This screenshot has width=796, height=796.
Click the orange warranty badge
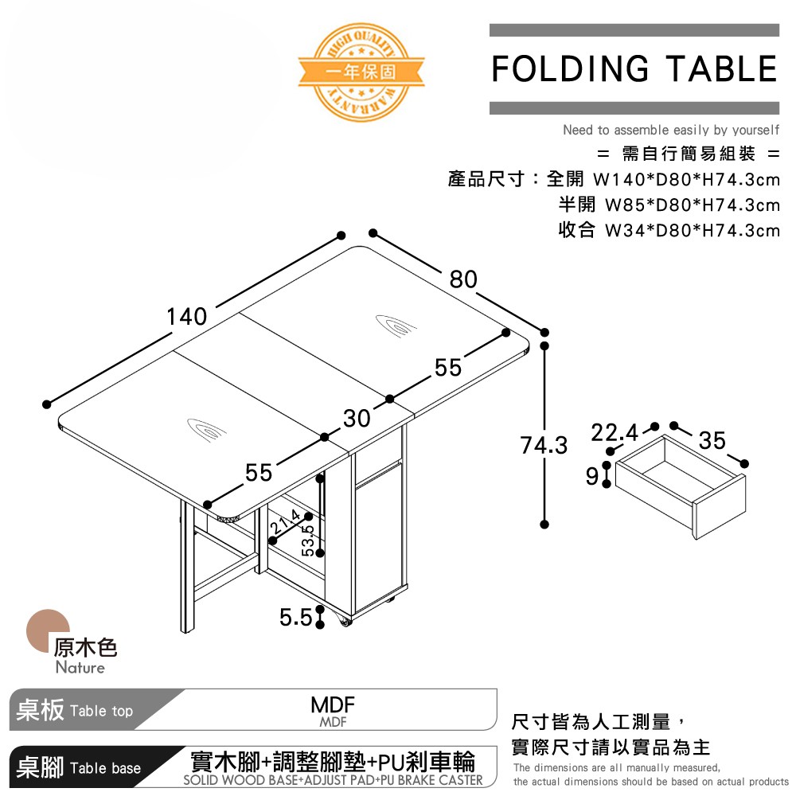(361, 71)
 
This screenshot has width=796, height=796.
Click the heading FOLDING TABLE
(634, 69)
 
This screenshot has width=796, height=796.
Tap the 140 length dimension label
(187, 317)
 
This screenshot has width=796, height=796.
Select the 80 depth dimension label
(463, 279)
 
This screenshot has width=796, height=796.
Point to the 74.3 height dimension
(544, 446)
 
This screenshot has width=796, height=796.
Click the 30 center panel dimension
(357, 418)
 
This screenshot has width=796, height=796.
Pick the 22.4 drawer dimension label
(615, 434)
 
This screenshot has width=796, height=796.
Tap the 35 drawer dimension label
(712, 440)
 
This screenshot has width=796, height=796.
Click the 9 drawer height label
(591, 476)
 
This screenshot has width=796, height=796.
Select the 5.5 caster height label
(295, 617)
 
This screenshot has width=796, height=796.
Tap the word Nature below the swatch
(80, 668)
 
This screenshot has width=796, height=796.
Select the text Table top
(101, 711)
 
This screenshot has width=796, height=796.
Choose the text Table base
(105, 768)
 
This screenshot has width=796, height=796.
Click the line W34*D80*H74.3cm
(669, 231)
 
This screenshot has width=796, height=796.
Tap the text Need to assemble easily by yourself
(671, 130)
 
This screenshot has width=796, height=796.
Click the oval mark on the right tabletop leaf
(396, 324)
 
